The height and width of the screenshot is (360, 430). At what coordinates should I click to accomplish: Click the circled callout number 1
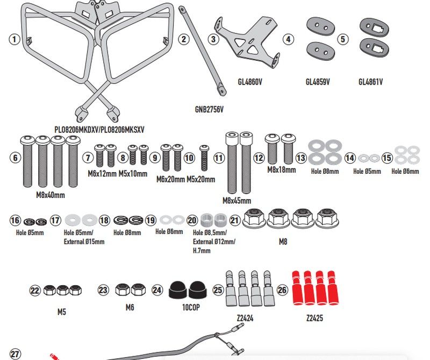[x=15, y=39]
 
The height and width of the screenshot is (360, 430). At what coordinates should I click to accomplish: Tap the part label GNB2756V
[x=209, y=109]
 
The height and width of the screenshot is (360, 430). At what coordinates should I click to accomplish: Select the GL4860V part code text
[x=249, y=82]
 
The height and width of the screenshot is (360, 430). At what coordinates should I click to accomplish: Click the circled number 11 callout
[x=218, y=158]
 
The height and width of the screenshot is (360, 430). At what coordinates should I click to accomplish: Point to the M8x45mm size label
[x=236, y=201]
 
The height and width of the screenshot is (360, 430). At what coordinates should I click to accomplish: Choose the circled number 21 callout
[x=235, y=220]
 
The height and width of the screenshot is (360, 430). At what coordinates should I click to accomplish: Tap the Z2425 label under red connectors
[x=314, y=318]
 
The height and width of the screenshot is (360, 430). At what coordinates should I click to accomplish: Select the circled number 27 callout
[x=15, y=354]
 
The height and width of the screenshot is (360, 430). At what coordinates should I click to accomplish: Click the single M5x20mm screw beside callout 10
[x=204, y=156]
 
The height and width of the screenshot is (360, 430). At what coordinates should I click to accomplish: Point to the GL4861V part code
[x=370, y=82]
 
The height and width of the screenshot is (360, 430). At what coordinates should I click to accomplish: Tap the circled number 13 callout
[x=300, y=158]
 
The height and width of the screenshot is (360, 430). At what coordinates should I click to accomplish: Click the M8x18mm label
[x=282, y=170]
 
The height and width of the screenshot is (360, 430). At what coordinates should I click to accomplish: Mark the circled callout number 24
[x=157, y=290]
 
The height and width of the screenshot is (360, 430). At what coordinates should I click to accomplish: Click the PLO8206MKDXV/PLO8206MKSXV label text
[x=99, y=130]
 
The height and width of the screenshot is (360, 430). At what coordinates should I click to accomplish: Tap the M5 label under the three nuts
[x=61, y=312]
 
